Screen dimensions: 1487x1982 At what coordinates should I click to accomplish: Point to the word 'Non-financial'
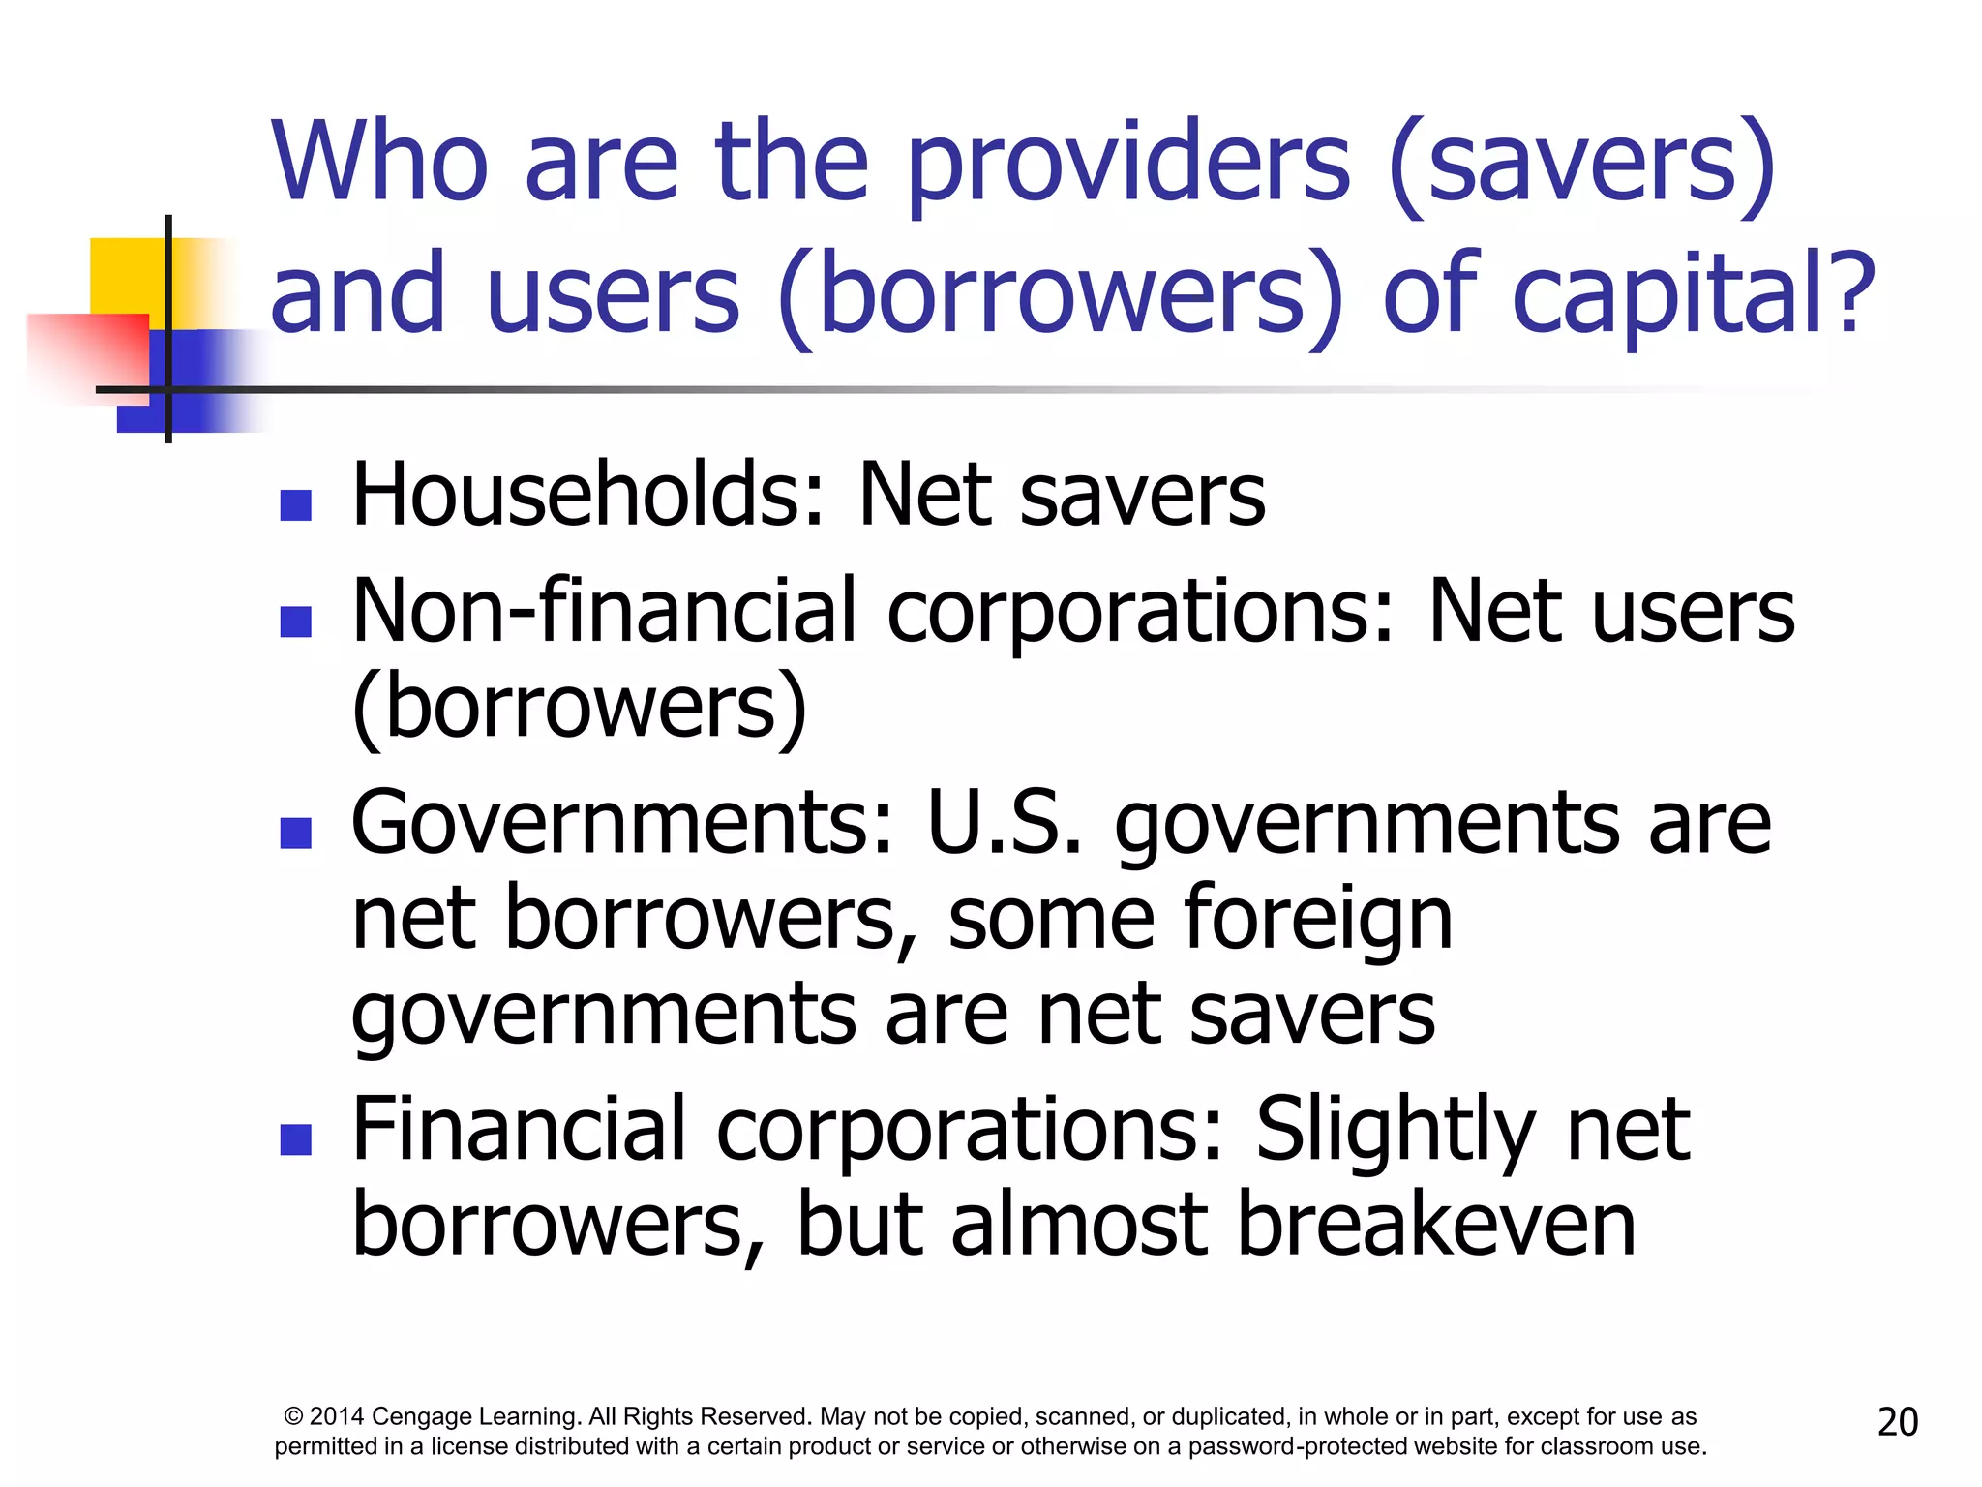pos(605,611)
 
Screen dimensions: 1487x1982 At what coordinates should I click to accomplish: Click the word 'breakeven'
pos(1436,1225)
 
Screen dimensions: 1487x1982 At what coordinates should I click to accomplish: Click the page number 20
pos(1897,1422)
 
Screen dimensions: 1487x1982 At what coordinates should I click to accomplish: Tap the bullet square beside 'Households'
pos(295,504)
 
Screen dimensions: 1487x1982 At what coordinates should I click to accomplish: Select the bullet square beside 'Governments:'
pos(295,833)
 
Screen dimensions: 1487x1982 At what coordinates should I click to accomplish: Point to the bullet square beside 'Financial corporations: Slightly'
pos(295,1139)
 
